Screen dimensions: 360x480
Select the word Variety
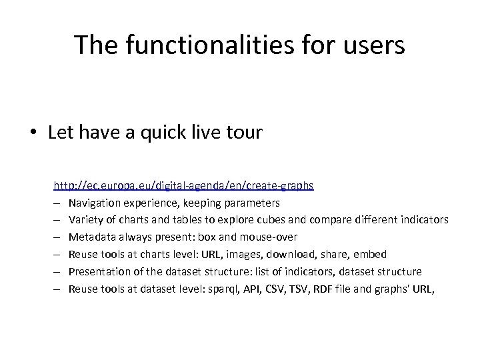coord(84,219)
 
